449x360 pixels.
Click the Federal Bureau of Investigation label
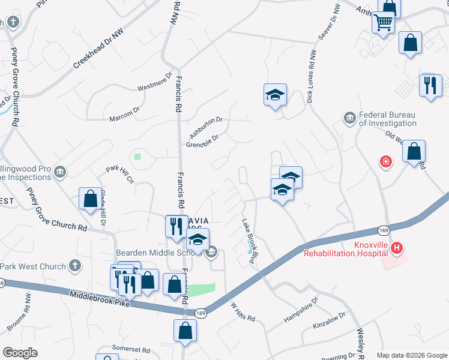coord(387,119)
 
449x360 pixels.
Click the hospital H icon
coord(396,247)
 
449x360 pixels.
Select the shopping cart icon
coord(384,23)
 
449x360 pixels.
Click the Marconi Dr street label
coord(124,112)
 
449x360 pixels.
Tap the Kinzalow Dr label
coord(330,319)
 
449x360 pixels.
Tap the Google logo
coord(20,352)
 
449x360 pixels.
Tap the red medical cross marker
coord(385,161)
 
